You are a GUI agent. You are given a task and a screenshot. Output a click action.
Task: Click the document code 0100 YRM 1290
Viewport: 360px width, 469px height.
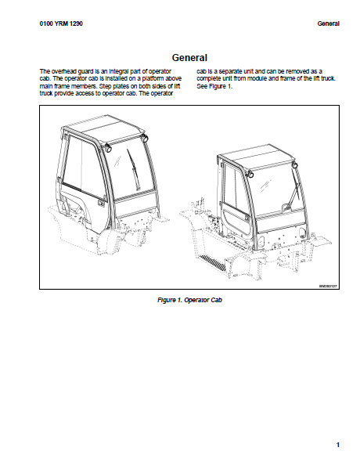tap(61, 23)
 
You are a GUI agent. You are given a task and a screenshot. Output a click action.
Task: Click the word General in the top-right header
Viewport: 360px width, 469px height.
tap(329, 23)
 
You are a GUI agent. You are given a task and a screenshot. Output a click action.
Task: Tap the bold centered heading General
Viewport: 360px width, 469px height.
tap(189, 58)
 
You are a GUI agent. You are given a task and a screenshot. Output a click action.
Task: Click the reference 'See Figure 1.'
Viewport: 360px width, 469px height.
tap(214, 86)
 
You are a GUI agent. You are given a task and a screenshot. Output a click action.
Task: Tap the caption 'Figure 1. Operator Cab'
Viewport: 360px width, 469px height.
tap(189, 300)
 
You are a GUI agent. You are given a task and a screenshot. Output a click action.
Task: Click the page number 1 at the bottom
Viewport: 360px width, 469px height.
tap(338, 445)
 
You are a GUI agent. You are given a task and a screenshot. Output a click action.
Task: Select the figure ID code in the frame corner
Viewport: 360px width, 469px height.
tap(328, 287)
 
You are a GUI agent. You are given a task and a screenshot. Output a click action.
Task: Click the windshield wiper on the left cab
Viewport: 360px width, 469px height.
tap(134, 169)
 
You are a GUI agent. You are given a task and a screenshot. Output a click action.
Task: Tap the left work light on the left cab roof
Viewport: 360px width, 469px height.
tap(107, 147)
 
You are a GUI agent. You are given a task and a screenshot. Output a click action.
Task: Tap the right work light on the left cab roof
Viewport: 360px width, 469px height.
tap(145, 138)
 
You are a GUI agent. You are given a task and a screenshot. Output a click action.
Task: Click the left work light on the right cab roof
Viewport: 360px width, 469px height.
tap(250, 174)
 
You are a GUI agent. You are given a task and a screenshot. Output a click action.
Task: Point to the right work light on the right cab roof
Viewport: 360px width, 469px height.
tap(295, 164)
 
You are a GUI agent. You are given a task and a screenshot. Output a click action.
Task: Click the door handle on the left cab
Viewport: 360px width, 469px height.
tap(101, 203)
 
